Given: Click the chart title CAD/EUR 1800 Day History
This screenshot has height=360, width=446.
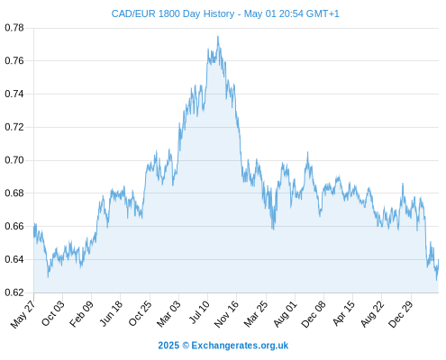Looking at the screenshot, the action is point(173,13).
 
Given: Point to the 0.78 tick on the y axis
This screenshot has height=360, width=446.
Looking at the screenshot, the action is point(14,28).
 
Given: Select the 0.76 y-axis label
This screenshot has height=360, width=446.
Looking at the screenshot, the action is point(14,61).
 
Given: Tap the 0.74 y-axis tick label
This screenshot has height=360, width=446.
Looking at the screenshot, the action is point(14,94).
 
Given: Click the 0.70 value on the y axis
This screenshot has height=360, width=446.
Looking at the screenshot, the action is point(14,160).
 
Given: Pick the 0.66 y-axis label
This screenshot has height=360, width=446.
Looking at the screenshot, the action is point(14,226).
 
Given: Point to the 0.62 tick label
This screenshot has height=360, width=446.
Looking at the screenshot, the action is point(14,292).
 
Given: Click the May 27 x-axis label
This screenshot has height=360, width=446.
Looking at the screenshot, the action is point(23,314).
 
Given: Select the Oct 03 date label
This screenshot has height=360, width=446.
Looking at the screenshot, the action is point(52,313).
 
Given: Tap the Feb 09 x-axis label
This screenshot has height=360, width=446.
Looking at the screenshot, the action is point(81,313).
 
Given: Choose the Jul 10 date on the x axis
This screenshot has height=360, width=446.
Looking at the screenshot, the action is point(199,312).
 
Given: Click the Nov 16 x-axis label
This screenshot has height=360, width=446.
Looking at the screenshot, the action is point(226,313).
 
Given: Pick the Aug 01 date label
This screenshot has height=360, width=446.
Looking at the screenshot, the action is point(286,313).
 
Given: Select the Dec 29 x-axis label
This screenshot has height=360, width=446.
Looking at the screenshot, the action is point(401,314).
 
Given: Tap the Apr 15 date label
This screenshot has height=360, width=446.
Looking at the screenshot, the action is point(344,313).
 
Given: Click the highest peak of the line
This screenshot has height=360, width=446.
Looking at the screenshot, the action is point(218,37).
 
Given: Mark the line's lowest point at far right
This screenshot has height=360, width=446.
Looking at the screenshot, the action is point(436,280).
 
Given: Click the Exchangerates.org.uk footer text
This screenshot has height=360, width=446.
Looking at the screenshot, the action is point(240,346).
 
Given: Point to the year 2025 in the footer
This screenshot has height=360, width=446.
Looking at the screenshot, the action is point(168,346).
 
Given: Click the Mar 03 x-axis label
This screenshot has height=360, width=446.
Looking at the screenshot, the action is point(168,313).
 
